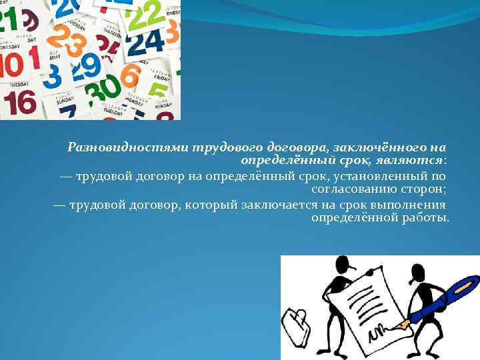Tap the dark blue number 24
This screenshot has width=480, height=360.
(145, 45)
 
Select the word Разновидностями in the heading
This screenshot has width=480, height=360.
(129, 147)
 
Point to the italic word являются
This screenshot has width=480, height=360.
(414, 161)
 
